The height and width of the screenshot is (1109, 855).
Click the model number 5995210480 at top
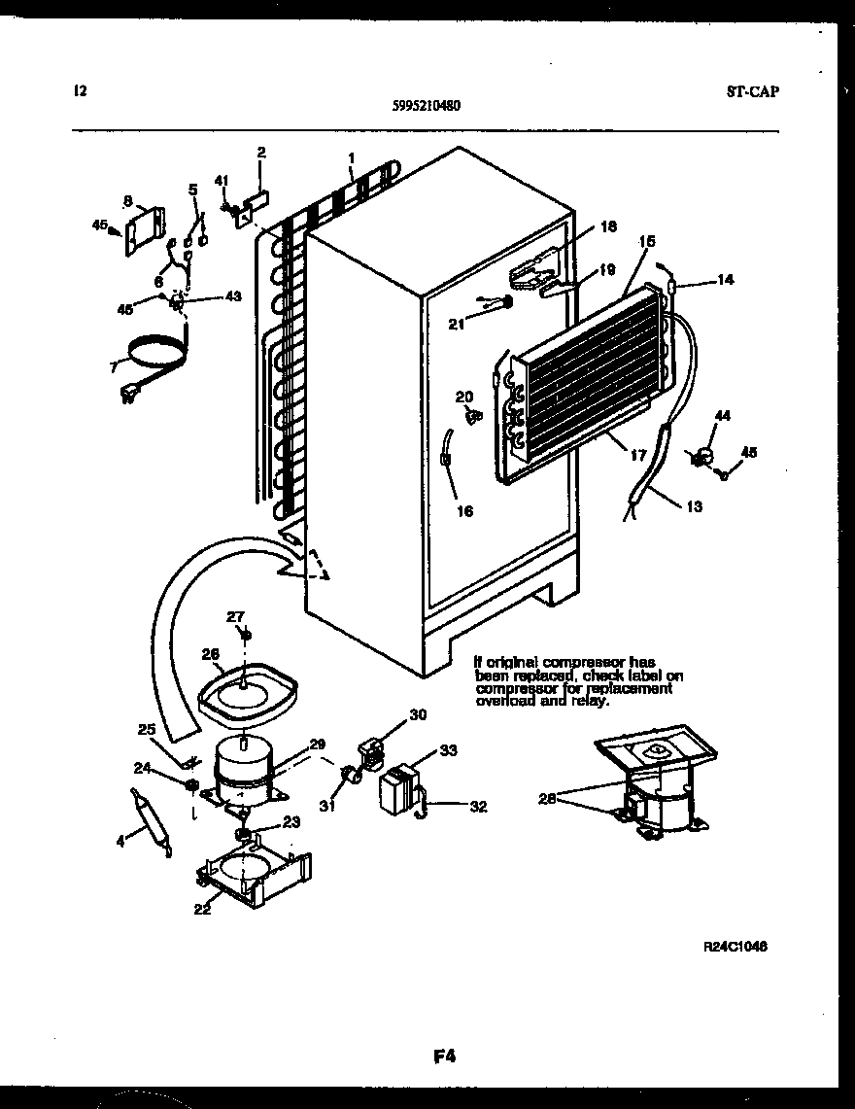point(421,108)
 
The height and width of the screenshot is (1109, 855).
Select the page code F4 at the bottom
point(446,1055)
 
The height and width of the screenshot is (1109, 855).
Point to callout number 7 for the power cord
point(113,366)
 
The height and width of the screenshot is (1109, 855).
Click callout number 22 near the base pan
point(202,910)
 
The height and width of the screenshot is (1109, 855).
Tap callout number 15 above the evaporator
point(647,240)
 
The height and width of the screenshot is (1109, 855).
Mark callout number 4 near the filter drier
point(120,842)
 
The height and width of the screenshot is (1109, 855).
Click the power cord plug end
point(126,394)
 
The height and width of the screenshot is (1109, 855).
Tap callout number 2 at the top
point(260,152)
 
